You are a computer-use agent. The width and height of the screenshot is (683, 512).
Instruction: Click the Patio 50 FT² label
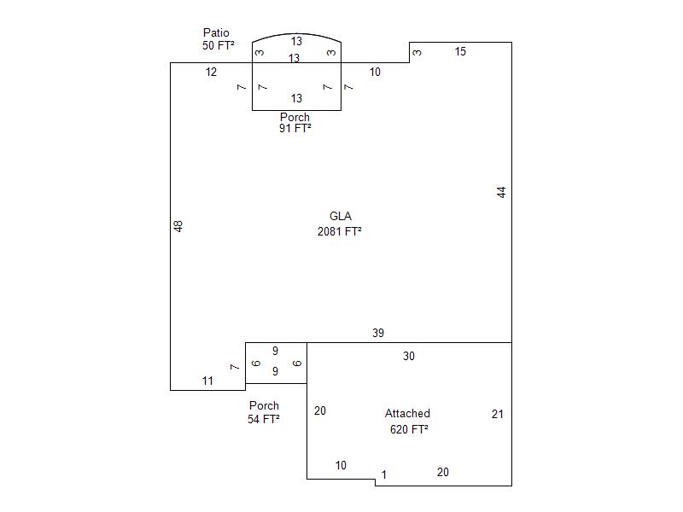[219, 38]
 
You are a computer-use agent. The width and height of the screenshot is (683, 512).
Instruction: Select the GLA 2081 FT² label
[340, 224]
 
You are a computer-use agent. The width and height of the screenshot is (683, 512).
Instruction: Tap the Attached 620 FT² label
[408, 421]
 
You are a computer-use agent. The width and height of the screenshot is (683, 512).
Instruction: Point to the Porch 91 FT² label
[295, 122]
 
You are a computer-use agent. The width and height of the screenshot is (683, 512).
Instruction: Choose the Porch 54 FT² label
[264, 412]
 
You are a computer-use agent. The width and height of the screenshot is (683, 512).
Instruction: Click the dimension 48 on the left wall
[178, 226]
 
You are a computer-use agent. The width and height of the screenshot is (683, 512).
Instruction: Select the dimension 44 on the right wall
[501, 192]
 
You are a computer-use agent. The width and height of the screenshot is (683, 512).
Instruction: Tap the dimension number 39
[378, 333]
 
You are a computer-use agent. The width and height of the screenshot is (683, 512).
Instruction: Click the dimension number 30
[409, 356]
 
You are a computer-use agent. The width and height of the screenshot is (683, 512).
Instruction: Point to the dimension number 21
[498, 414]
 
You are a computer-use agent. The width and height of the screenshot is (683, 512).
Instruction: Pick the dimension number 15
[460, 51]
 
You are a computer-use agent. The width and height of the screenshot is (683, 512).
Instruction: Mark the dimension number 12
[211, 72]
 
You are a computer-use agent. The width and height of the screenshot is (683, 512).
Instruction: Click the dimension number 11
[207, 381]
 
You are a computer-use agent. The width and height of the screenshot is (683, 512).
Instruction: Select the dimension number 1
[383, 474]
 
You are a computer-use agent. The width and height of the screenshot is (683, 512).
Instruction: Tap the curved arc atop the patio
[296, 33]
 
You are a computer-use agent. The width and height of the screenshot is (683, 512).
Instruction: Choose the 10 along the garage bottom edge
[341, 465]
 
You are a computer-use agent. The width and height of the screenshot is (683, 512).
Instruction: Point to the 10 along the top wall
[375, 72]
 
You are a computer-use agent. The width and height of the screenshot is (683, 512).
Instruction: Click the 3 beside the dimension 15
[417, 52]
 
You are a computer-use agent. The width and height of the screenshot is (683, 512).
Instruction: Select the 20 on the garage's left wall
[320, 410]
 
